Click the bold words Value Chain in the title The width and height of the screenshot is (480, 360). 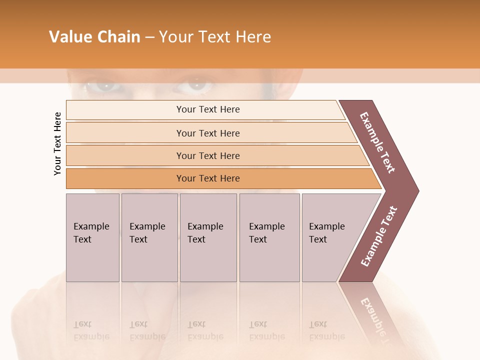click(x=94, y=37)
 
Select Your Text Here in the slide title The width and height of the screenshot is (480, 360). click(x=215, y=37)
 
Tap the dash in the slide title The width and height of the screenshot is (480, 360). click(x=149, y=37)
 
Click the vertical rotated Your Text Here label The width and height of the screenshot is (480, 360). click(x=57, y=143)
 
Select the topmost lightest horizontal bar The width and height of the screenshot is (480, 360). click(x=207, y=109)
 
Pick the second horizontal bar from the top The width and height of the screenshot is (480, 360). click(x=207, y=133)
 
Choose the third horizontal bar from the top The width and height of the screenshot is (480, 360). click(x=207, y=155)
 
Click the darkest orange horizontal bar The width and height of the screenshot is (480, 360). click(x=207, y=178)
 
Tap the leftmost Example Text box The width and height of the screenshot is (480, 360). click(x=92, y=237)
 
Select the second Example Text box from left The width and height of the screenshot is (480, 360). click(x=149, y=237)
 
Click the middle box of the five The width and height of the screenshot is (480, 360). click(x=208, y=237)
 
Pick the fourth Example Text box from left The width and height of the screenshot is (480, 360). click(x=269, y=237)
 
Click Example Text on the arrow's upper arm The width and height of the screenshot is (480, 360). click(x=378, y=142)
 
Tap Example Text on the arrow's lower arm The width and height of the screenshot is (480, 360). click(x=379, y=236)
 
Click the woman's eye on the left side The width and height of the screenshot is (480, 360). click(x=102, y=86)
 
